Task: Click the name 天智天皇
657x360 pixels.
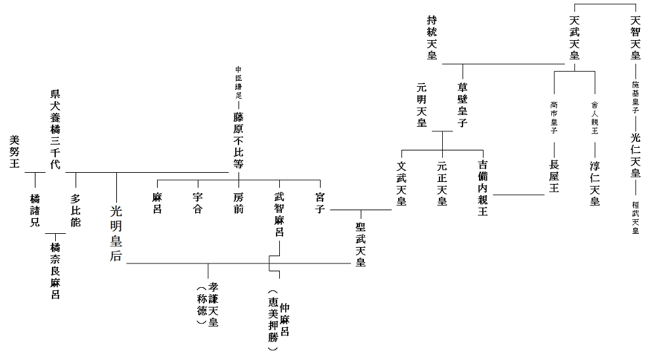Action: pyautogui.click(x=635, y=37)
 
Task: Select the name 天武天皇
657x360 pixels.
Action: pyautogui.click(x=574, y=37)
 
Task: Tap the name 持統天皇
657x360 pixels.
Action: pyautogui.click(x=432, y=37)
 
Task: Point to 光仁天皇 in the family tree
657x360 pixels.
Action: pyautogui.click(x=635, y=155)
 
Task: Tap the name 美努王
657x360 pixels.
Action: pyautogui.click(x=15, y=152)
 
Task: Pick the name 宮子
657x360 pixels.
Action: pyautogui.click(x=320, y=201)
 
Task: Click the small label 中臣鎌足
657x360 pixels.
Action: pyautogui.click(x=238, y=83)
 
